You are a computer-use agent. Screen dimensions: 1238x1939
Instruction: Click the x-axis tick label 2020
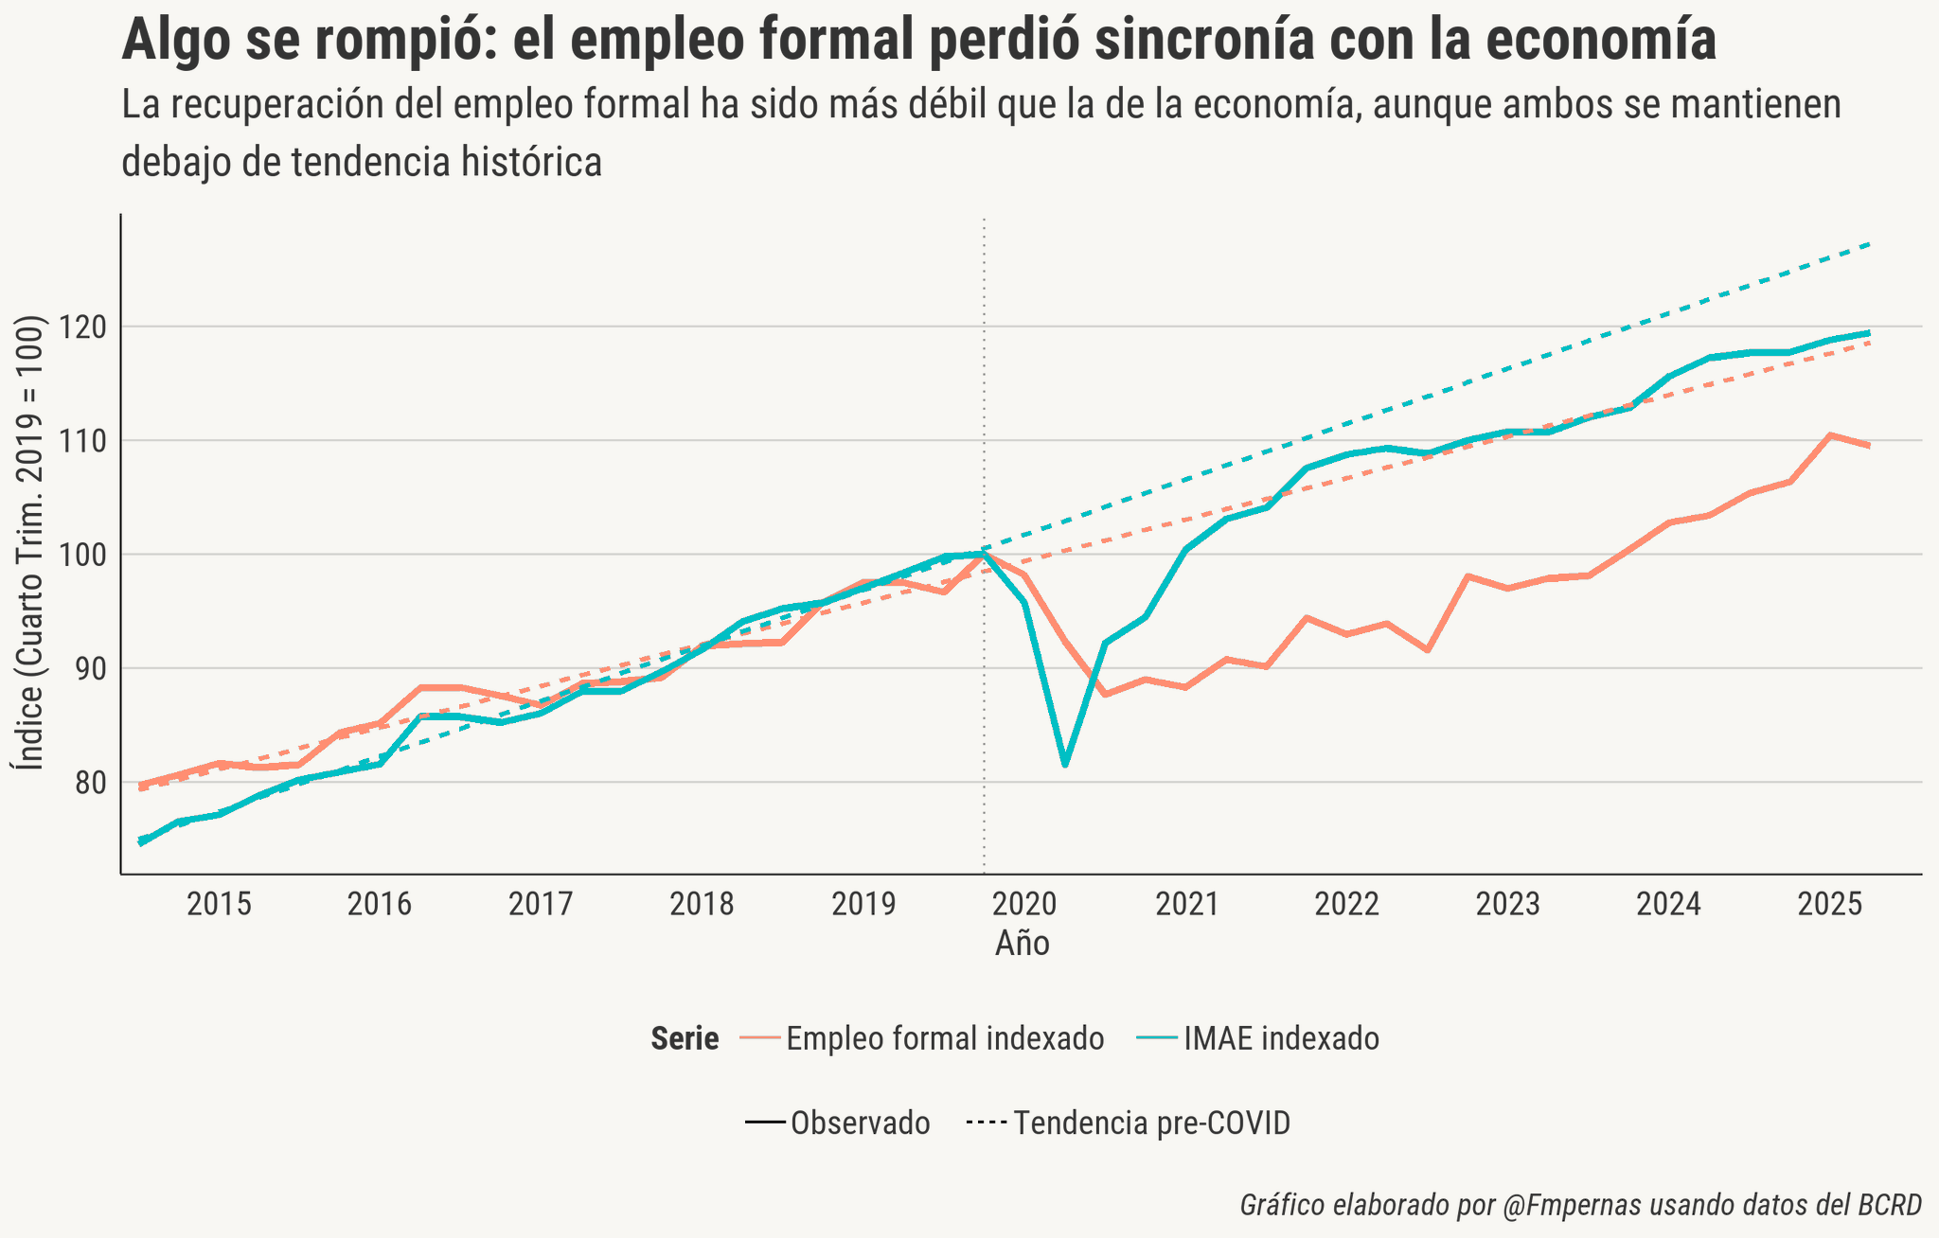point(1023,905)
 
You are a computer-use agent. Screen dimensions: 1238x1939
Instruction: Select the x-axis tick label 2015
point(219,905)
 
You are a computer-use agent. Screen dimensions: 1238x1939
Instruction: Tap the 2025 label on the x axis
point(1829,905)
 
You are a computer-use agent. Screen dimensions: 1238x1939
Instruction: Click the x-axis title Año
point(1022,944)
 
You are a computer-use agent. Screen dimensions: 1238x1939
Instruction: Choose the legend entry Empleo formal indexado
point(944,1038)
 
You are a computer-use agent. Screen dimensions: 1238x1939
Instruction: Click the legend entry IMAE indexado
point(1281,1038)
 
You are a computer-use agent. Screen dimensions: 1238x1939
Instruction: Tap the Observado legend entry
point(860,1123)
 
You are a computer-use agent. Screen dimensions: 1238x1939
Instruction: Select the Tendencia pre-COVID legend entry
point(1151,1123)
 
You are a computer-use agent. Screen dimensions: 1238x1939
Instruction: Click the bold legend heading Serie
point(685,1039)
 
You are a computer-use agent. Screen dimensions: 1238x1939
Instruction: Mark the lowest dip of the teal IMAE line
point(1065,765)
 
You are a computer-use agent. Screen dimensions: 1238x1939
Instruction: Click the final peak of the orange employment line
point(1830,435)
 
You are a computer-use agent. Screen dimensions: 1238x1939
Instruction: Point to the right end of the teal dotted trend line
point(1870,244)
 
